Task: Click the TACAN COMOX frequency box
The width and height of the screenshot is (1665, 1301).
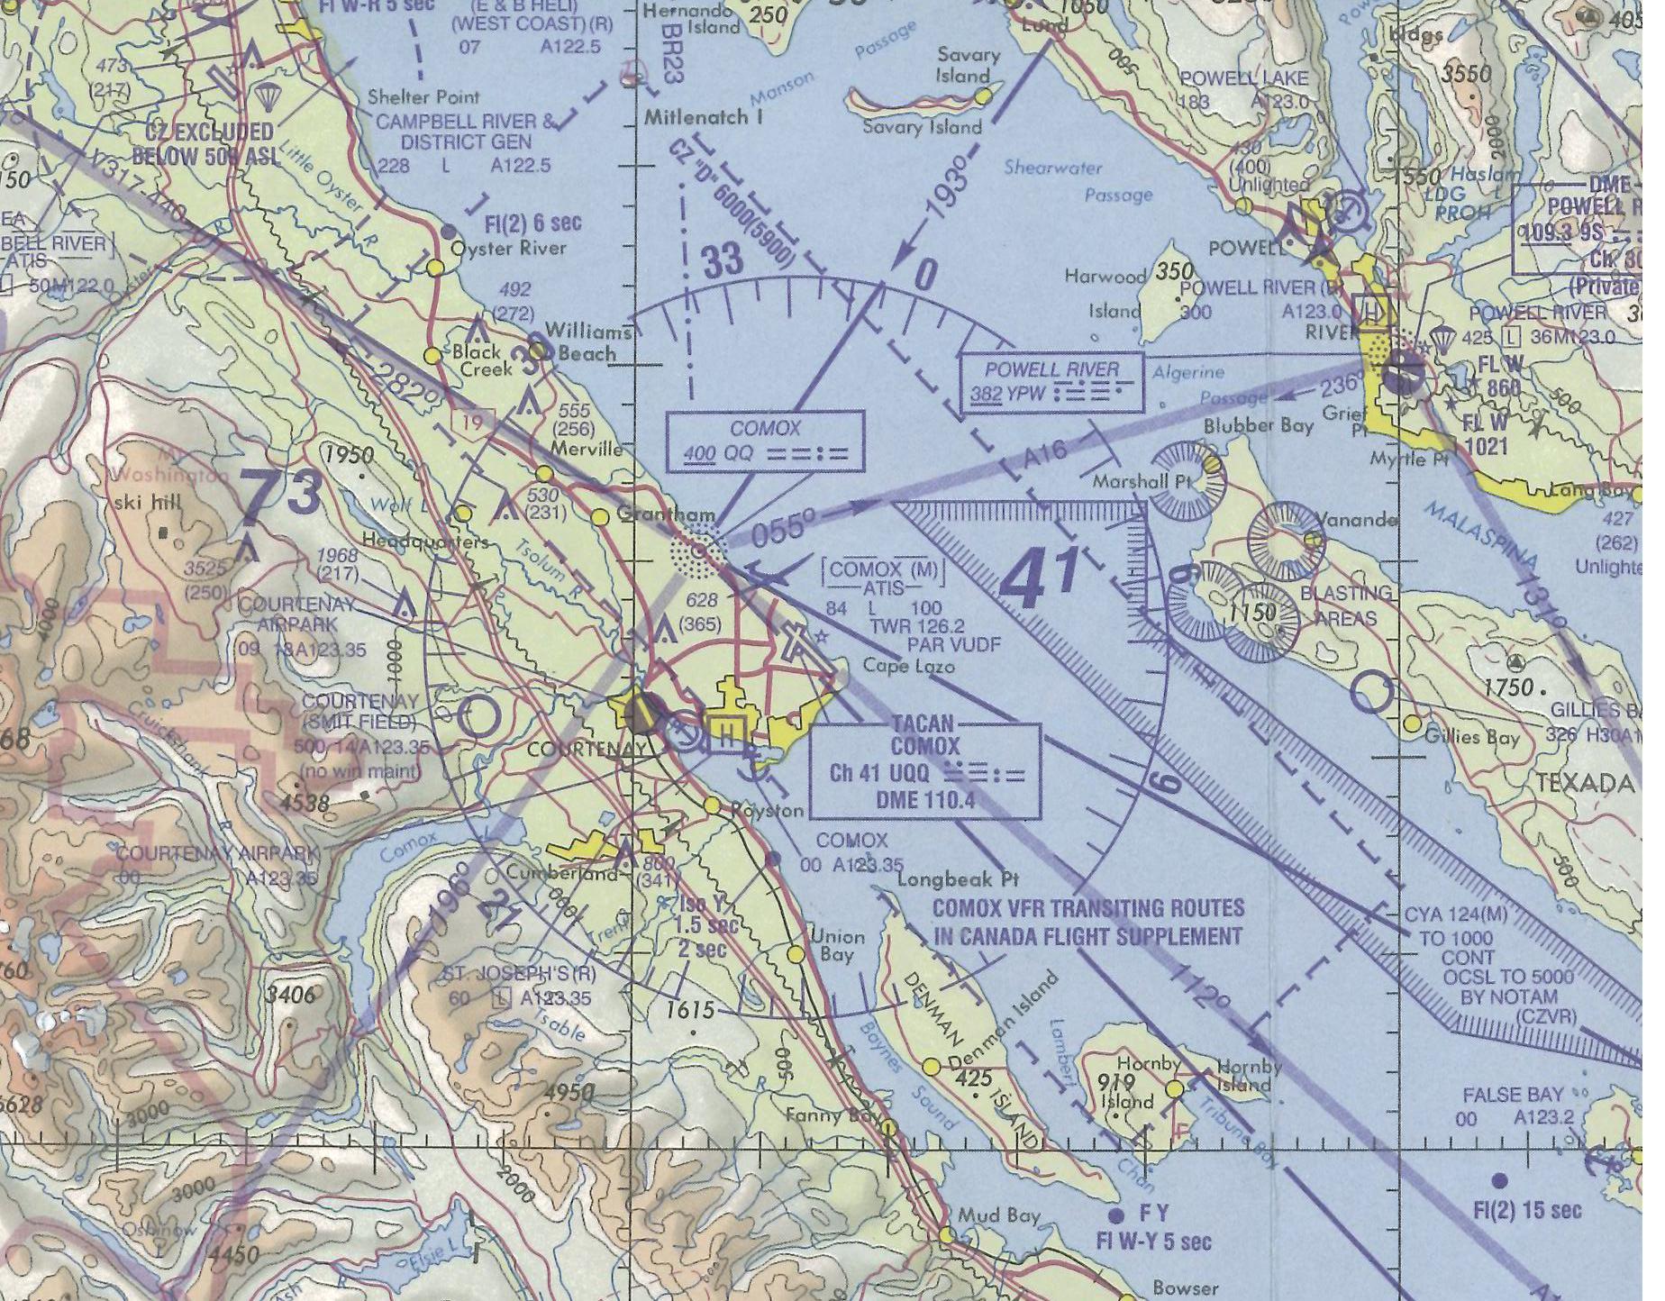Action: click(x=924, y=772)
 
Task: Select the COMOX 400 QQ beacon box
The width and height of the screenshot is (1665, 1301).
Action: click(x=765, y=441)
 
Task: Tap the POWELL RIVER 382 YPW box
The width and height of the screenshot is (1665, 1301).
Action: click(x=1051, y=382)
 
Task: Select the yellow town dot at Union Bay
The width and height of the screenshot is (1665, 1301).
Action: click(x=796, y=953)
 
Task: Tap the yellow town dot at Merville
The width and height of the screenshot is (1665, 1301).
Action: click(x=544, y=474)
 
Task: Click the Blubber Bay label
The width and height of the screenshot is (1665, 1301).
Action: click(x=1258, y=425)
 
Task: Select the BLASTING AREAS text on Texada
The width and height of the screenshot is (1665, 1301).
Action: click(x=1345, y=605)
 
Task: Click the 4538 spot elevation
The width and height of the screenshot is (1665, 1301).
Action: click(x=305, y=801)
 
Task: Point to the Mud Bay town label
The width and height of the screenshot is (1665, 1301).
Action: click(x=998, y=1215)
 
